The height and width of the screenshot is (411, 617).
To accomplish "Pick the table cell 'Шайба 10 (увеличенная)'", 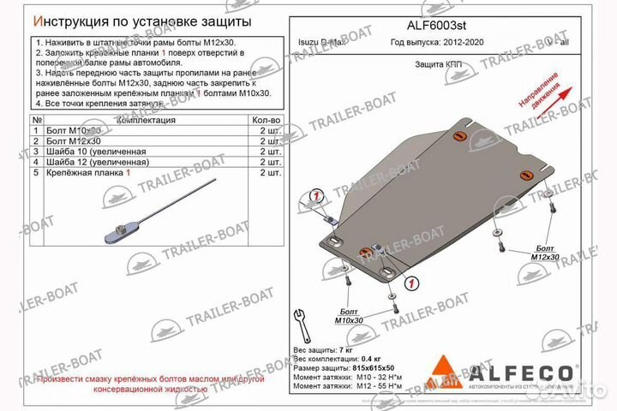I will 93,151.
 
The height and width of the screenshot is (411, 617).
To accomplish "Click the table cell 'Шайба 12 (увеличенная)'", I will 93,161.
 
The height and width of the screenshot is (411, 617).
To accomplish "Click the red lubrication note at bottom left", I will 150,383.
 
